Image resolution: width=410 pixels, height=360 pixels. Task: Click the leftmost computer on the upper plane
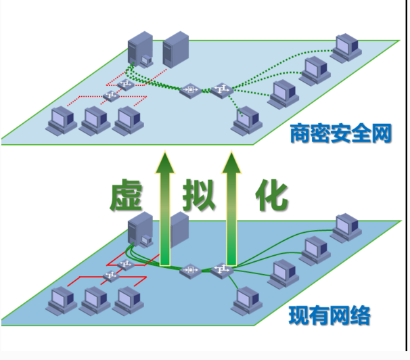(62, 120)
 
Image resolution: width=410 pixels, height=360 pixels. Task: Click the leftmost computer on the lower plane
(62, 300)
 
